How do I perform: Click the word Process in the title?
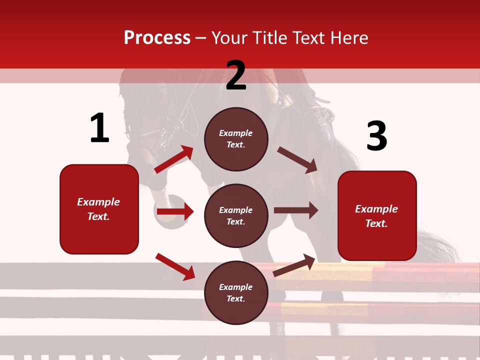point(157,38)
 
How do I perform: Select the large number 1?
point(99,128)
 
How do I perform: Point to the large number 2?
point(236,75)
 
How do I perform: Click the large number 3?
point(376,136)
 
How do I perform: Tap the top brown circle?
point(236,139)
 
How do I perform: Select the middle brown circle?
point(236,216)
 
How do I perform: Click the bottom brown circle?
point(236,293)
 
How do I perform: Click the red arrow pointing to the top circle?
point(174,159)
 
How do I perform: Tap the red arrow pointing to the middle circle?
point(175,212)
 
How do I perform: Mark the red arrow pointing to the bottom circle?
point(175,266)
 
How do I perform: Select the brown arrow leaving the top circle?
point(297,160)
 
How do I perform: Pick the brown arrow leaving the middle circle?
point(296,210)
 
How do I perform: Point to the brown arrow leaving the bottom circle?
point(294,265)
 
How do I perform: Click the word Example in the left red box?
point(98,202)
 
